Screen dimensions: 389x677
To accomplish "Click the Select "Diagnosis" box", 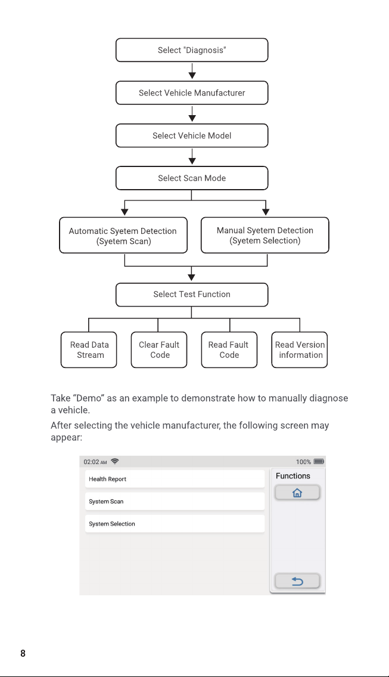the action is (192, 50).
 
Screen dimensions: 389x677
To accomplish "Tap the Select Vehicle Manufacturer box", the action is (192, 93).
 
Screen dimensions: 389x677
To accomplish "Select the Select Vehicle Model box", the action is (192, 135).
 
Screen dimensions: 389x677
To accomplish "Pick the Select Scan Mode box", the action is (192, 178).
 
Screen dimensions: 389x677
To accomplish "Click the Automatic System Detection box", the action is (123, 235).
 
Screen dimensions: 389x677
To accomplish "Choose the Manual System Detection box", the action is (265, 235).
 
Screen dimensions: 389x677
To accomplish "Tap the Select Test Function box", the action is (192, 295).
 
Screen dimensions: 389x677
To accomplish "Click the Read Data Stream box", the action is (89, 350).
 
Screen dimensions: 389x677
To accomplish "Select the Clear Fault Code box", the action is (159, 350).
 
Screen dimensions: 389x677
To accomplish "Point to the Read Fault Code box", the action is (229, 350).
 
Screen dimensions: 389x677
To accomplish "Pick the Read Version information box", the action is (300, 350).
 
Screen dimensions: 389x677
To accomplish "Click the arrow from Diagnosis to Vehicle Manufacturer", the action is (192, 71).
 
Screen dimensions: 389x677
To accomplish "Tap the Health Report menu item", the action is (175, 479).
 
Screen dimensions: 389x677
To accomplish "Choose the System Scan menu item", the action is (175, 501).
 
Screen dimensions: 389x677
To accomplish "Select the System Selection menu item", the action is (175, 524).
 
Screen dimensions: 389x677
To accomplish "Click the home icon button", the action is (298, 493).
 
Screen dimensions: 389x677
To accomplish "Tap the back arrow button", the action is (298, 581).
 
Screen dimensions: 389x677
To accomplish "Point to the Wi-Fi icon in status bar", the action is (115, 462).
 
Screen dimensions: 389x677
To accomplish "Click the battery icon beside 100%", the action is (319, 462).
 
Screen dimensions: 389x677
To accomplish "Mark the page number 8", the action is (23, 653).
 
